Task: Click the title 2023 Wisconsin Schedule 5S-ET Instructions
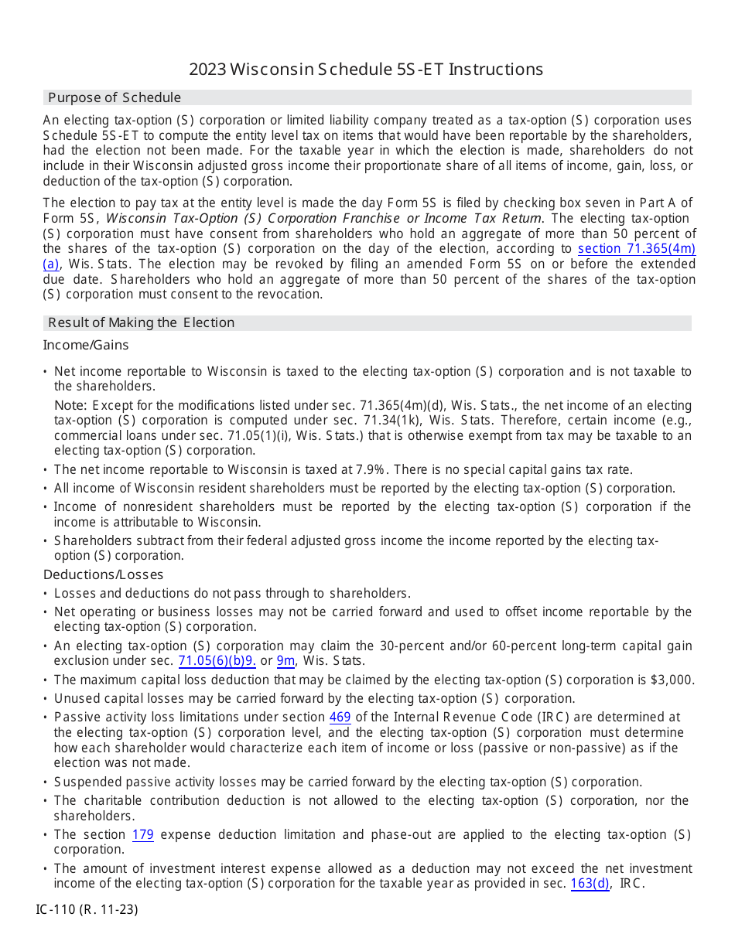tap(366, 70)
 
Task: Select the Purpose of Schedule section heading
tap(115, 97)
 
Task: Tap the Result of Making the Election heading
tap(141, 322)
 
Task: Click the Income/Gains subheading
tap(86, 345)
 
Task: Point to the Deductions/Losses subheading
tap(103, 574)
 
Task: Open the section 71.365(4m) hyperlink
tap(637, 249)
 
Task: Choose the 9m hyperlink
tap(285, 661)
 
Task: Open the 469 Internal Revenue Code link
tap(340, 718)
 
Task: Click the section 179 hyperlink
tap(142, 835)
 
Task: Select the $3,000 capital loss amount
tap(675, 680)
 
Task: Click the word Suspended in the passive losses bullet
tap(85, 782)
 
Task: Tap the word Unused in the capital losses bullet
tap(74, 699)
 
